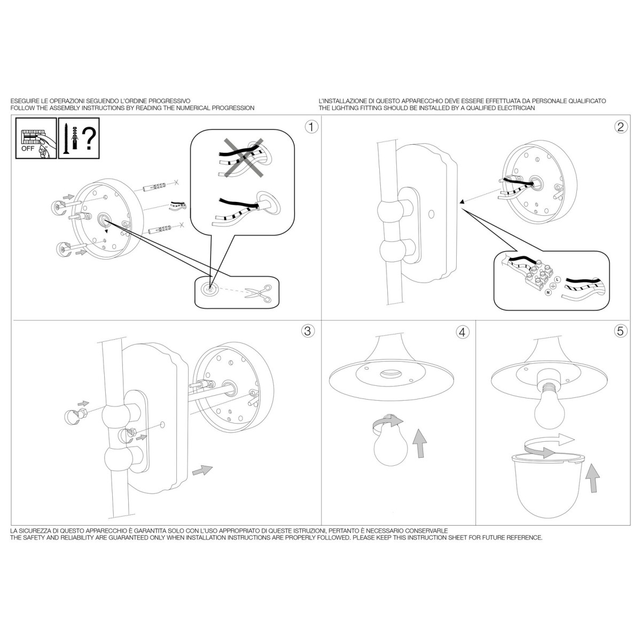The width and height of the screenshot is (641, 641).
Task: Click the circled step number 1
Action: tap(311, 127)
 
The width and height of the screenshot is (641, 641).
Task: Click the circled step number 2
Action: tap(620, 127)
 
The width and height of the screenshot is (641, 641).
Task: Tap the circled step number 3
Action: tap(307, 331)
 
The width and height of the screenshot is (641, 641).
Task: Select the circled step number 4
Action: tap(463, 332)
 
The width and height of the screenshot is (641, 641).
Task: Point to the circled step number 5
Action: tap(620, 331)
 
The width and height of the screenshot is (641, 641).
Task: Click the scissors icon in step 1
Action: tap(258, 294)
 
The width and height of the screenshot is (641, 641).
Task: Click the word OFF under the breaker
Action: tap(28, 148)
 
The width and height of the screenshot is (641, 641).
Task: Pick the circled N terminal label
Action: tap(548, 292)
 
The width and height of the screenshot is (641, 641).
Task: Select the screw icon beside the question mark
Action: tap(66, 139)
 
